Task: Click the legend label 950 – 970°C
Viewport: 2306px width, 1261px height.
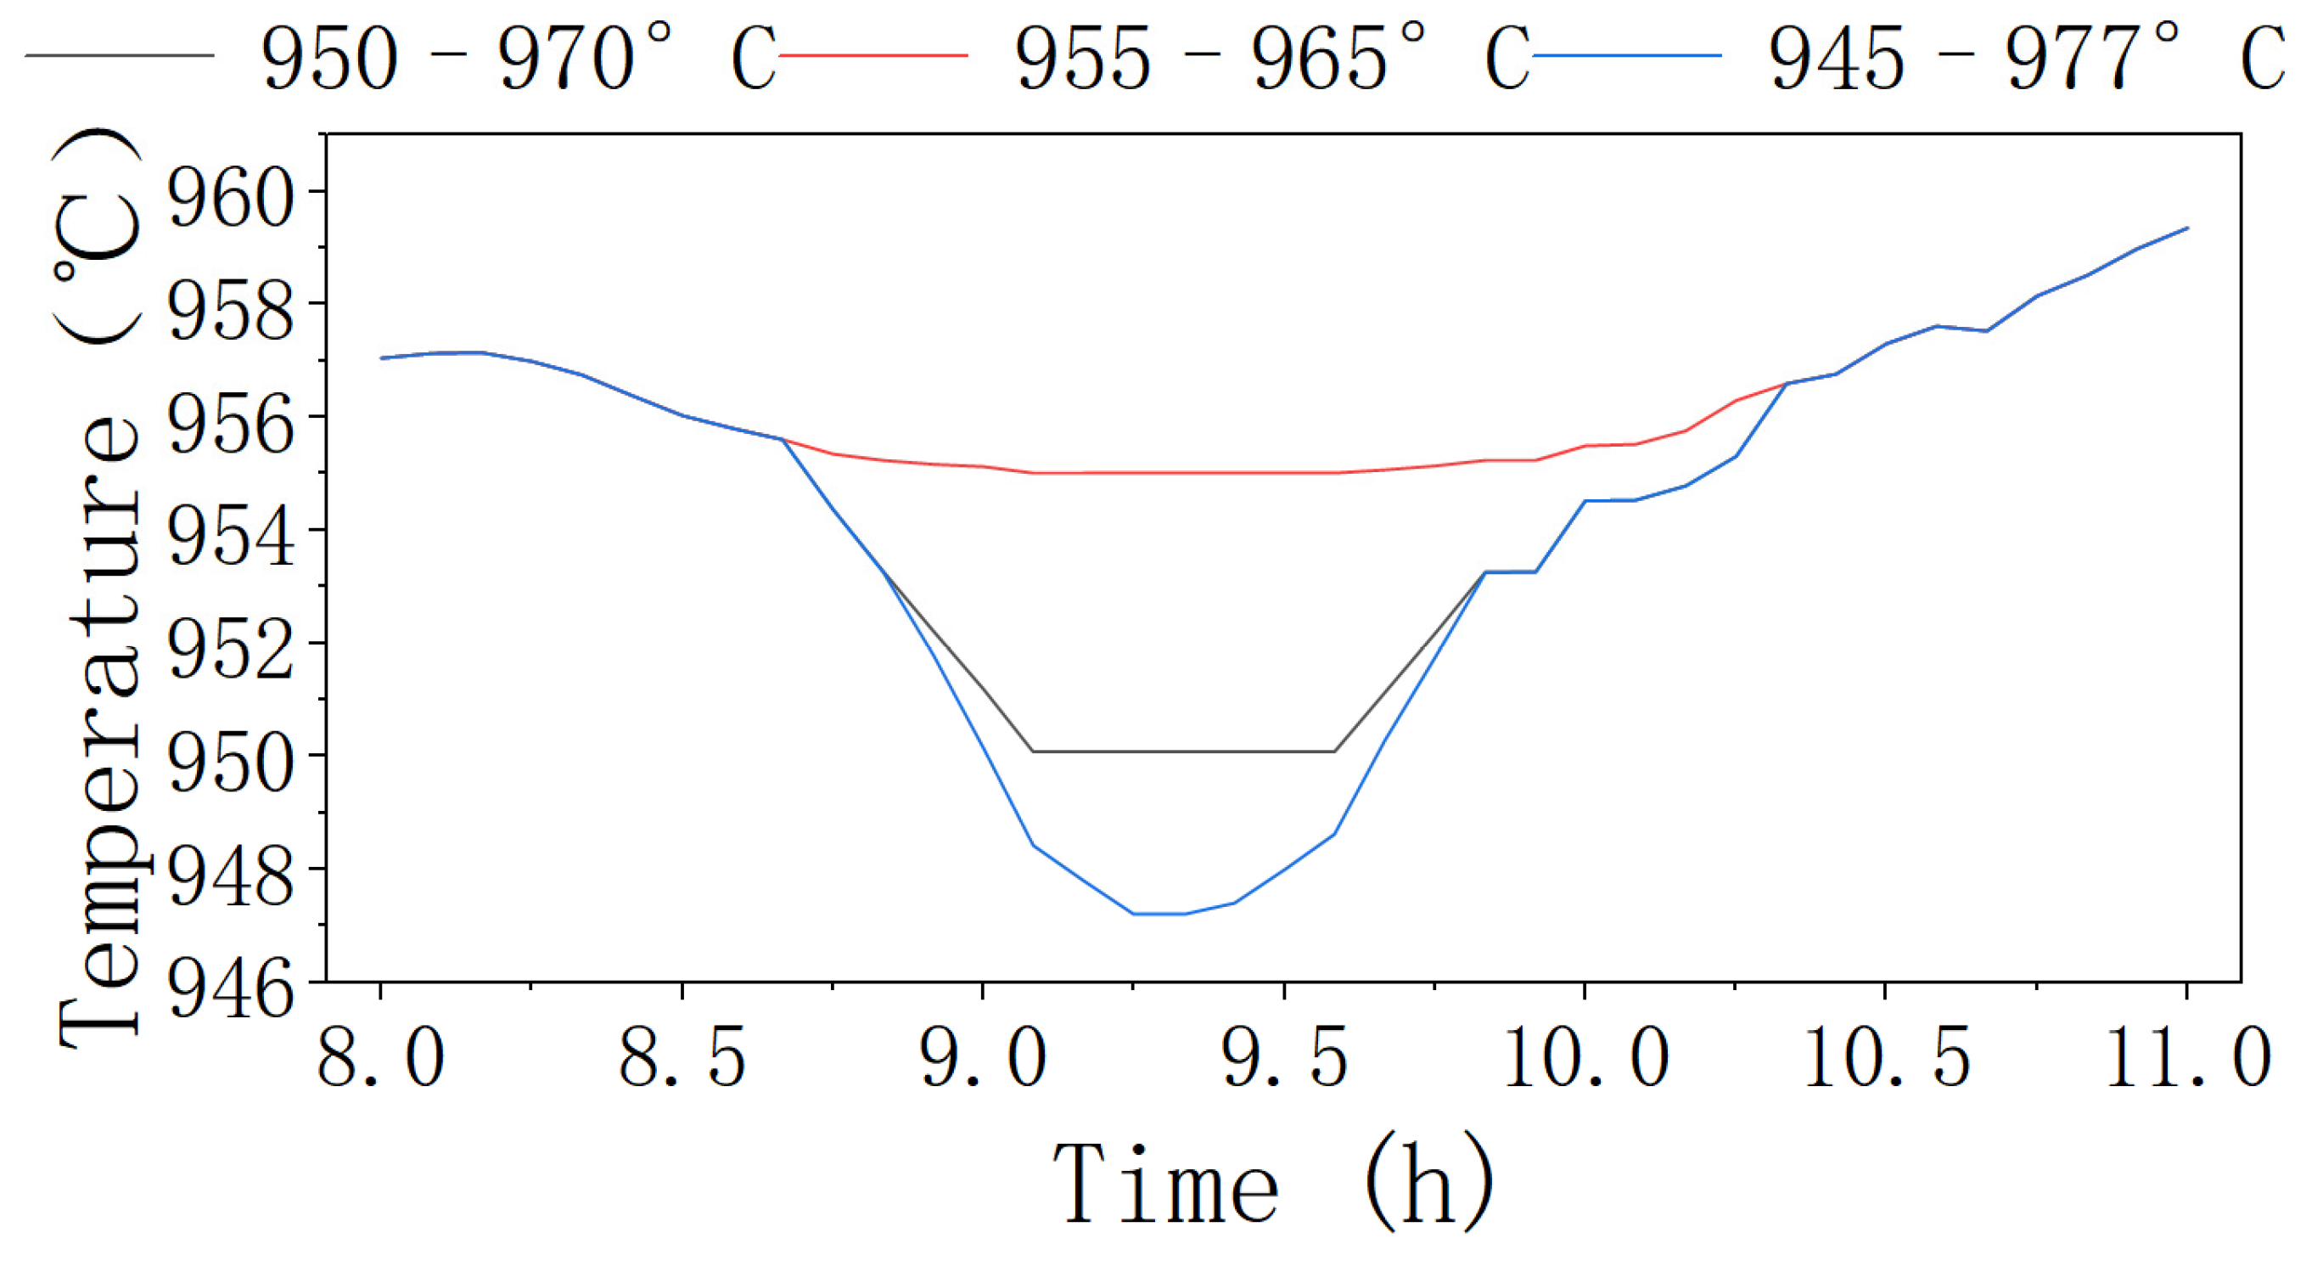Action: coord(518,58)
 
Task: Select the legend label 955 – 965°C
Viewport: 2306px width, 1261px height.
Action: coord(1271,58)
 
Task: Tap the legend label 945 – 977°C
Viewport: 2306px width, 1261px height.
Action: coord(2025,58)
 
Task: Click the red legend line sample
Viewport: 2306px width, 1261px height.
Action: coord(872,55)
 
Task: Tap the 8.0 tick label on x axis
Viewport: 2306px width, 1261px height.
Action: coord(381,1059)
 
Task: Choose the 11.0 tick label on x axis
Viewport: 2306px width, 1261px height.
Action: coord(2187,1059)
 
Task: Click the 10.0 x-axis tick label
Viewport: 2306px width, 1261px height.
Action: coord(1585,1059)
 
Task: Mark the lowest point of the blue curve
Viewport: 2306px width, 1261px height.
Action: coord(1159,914)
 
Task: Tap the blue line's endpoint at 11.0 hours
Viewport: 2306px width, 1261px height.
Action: coord(2187,228)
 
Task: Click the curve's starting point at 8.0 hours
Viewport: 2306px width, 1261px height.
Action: coord(382,358)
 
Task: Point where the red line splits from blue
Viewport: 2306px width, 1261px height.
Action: coord(783,440)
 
